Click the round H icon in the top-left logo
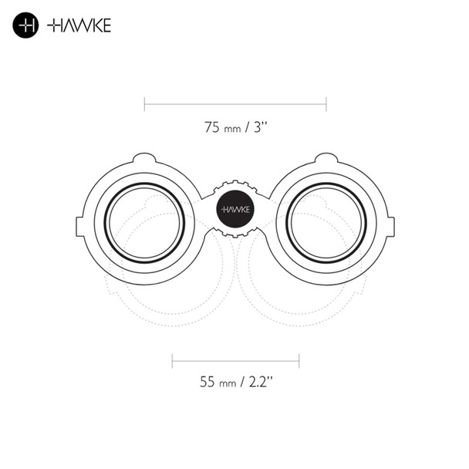[x=25, y=25]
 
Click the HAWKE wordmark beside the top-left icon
[x=79, y=25]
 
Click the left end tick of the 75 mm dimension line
[x=144, y=103]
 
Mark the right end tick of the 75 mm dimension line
[x=326, y=103]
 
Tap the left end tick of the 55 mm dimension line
[x=172, y=359]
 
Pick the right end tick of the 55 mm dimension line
[x=299, y=359]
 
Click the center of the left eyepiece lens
[x=144, y=223]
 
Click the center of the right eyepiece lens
[x=325, y=223]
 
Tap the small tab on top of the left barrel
[x=144, y=159]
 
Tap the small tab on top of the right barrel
[x=325, y=159]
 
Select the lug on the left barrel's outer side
[x=79, y=226]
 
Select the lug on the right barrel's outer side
[x=390, y=226]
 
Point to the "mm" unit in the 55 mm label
[x=228, y=383]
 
